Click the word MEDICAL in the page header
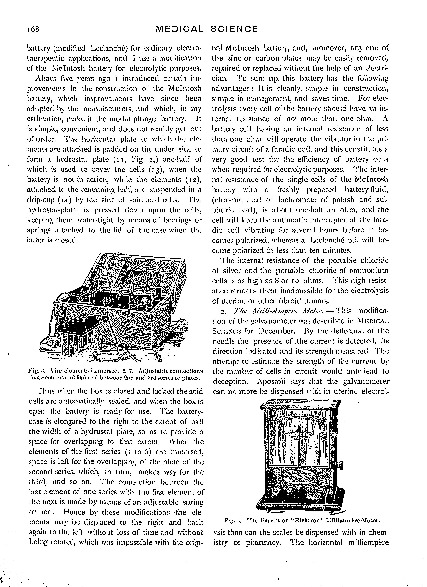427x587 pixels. coord(180,29)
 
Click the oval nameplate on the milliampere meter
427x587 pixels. coord(299,476)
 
